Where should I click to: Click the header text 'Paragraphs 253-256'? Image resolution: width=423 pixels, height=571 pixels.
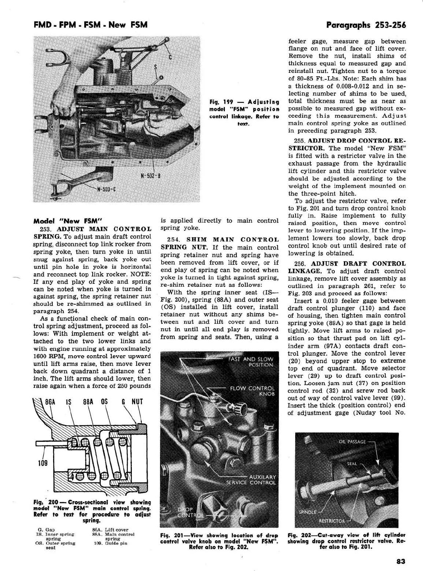366,25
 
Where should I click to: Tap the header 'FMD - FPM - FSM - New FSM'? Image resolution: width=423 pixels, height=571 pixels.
90,25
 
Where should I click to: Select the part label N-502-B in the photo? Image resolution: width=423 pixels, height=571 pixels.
151,175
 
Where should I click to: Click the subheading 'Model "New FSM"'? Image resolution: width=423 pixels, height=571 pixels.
67,221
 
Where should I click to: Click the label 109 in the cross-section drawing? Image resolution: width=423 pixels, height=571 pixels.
43,463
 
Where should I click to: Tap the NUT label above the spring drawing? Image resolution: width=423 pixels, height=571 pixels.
137,402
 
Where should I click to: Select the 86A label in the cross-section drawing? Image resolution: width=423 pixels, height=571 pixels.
50,402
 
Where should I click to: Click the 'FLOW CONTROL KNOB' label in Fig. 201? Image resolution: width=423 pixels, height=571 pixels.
252,391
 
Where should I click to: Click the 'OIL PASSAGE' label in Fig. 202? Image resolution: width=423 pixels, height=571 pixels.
352,442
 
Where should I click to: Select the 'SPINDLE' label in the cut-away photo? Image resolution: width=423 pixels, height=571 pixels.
308,512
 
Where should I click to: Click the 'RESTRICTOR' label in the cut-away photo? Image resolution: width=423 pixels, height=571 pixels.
332,520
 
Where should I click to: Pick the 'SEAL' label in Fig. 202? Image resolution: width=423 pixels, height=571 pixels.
352,464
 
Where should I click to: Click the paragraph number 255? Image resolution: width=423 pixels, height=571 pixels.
299,141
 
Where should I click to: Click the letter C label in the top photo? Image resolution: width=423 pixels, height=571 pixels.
170,56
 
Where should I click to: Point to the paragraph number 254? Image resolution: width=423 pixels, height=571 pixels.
172,240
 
